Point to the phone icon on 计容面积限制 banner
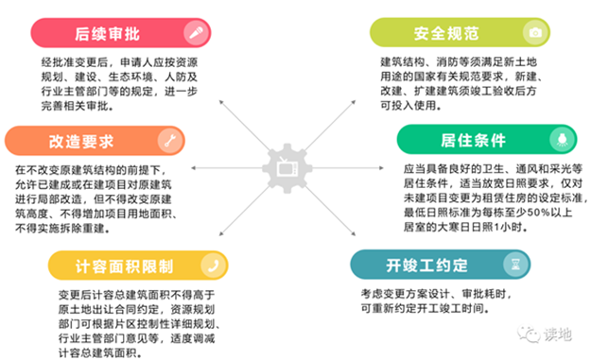216,264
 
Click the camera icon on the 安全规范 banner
535,31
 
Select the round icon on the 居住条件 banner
559,140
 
